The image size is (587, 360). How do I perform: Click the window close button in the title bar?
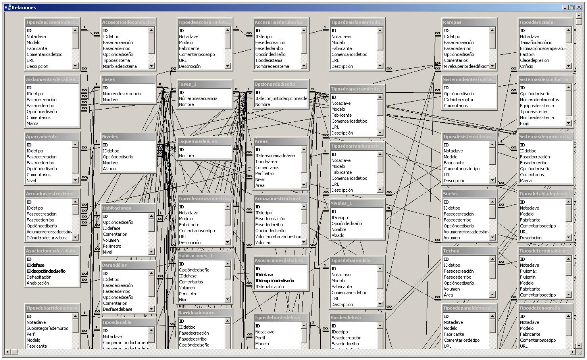(x=579, y=7)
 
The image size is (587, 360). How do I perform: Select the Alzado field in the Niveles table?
(x=109, y=169)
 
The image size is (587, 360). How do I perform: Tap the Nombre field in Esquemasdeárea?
(x=186, y=156)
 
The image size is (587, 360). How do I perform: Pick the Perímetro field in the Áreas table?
(x=264, y=173)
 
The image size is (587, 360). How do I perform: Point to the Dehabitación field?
(x=39, y=277)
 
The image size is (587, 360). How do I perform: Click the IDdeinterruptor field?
(x=458, y=100)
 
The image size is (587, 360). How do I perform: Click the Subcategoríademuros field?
(x=47, y=328)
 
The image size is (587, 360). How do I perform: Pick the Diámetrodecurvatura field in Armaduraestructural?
(x=47, y=238)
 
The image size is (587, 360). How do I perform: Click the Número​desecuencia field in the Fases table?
(x=122, y=94)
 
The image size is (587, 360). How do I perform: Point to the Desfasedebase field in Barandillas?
(x=117, y=309)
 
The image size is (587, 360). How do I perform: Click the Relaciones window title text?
(x=24, y=7)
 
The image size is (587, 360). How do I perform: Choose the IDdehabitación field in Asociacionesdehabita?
(x=269, y=287)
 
